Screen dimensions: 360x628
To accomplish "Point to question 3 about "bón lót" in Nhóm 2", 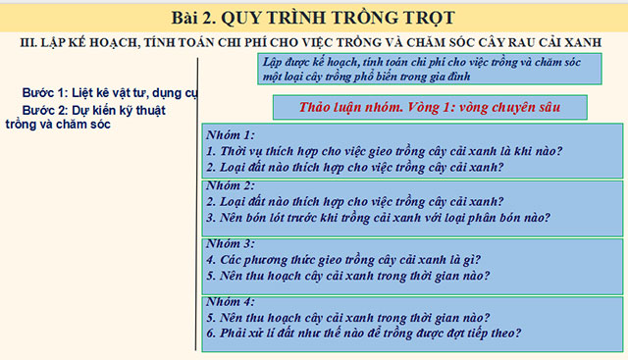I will pos(378,217).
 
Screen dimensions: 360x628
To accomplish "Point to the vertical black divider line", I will pos(198,196).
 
